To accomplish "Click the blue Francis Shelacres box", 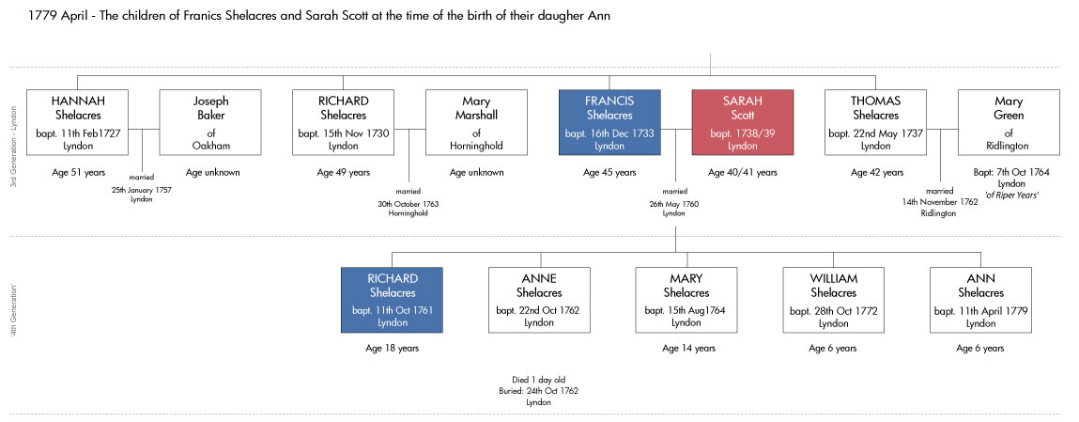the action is pyautogui.click(x=609, y=122).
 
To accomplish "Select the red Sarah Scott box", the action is pyautogui.click(x=743, y=122).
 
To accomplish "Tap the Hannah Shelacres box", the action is pyautogui.click(x=77, y=122).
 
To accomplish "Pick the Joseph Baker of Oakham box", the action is pyautogui.click(x=210, y=122).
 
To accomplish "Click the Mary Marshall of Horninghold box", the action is pyautogui.click(x=476, y=122).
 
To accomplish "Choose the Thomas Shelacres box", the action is pyautogui.click(x=875, y=122).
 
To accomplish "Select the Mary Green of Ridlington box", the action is pyautogui.click(x=1009, y=122).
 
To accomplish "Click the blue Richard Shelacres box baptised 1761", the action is pyautogui.click(x=393, y=300).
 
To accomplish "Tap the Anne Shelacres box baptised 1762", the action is pyautogui.click(x=539, y=300).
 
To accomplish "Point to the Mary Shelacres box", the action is pyautogui.click(x=686, y=300).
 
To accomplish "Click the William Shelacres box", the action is pyautogui.click(x=833, y=300).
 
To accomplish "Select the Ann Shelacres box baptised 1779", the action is pyautogui.click(x=980, y=300).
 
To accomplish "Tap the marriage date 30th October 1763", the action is pyautogui.click(x=408, y=204).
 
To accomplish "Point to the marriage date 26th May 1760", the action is pyautogui.click(x=674, y=204).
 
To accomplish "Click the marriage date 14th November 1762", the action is pyautogui.click(x=939, y=202).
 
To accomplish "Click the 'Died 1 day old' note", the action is pyautogui.click(x=539, y=380).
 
